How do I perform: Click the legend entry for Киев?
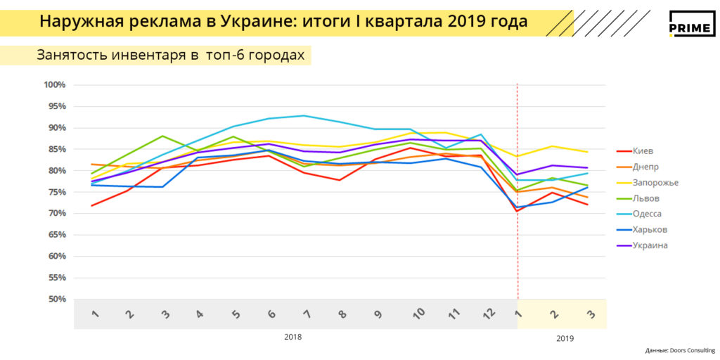click(643, 150)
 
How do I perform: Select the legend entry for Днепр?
click(645, 167)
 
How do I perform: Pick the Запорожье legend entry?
click(653, 182)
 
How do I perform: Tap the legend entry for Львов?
click(645, 198)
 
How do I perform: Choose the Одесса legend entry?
click(647, 214)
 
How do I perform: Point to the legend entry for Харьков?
click(649, 229)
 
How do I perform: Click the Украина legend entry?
click(649, 245)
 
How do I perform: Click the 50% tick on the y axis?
click(56, 300)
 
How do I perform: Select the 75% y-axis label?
click(56, 192)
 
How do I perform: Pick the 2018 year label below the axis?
click(293, 337)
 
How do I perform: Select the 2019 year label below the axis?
click(565, 338)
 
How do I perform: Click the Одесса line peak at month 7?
click(304, 116)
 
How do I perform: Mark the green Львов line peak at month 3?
click(162, 136)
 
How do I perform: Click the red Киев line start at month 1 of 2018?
click(92, 205)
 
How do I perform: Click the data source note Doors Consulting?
click(679, 350)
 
